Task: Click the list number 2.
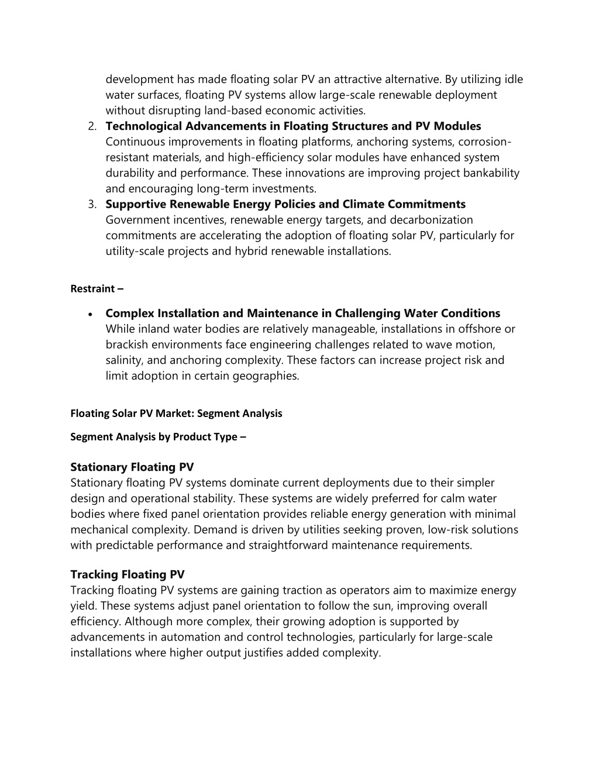(x=91, y=126)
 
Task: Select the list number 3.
(x=91, y=205)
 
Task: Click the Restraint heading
(x=97, y=288)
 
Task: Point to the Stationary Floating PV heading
(x=132, y=467)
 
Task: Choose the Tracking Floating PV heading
(x=127, y=574)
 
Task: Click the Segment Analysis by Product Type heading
(x=158, y=437)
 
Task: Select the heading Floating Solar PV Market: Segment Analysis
(x=176, y=413)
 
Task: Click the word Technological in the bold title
(x=144, y=126)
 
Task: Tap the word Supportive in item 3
(x=136, y=204)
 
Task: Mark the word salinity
(x=123, y=360)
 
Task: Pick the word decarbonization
(x=431, y=220)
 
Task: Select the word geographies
(x=266, y=376)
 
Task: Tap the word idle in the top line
(x=514, y=80)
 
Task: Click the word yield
(x=83, y=606)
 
